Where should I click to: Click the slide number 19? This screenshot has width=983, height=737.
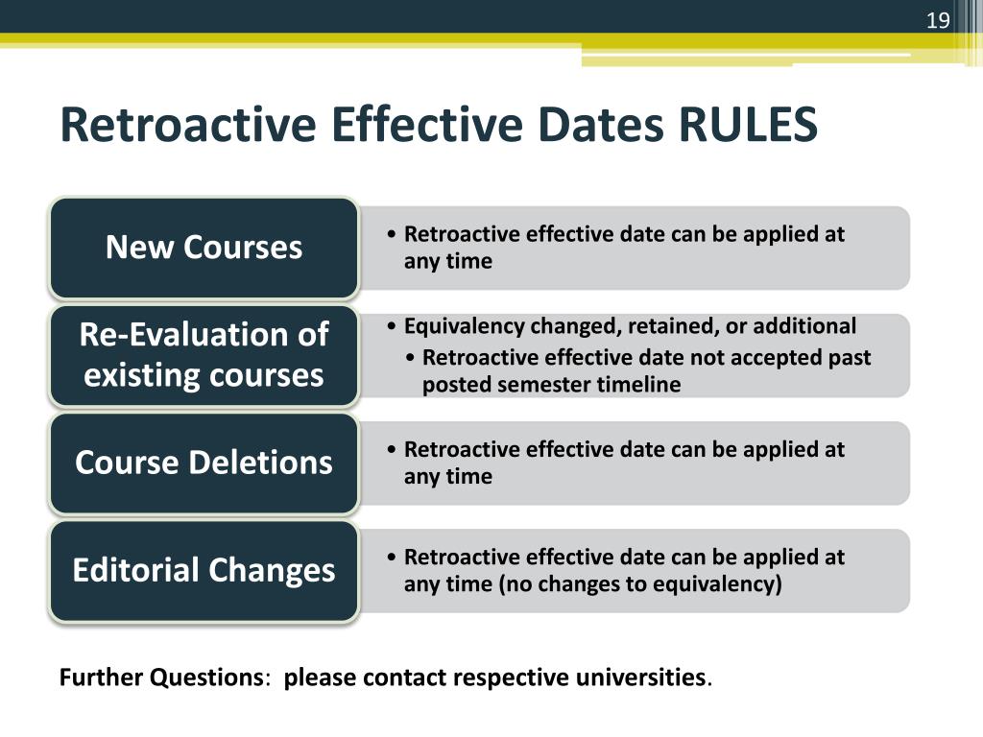(x=937, y=21)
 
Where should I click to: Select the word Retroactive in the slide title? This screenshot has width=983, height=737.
(x=180, y=126)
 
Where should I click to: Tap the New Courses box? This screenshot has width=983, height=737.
(x=204, y=248)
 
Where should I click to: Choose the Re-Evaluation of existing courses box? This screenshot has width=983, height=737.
(x=204, y=355)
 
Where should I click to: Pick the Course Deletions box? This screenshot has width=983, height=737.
(x=204, y=463)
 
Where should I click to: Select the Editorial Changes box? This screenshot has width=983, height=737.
(x=204, y=570)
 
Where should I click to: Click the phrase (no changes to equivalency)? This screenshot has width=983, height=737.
(x=640, y=583)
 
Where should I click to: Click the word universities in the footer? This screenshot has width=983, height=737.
(x=641, y=678)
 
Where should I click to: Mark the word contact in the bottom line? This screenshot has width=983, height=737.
(x=404, y=678)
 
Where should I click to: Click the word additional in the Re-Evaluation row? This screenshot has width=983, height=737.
(x=804, y=327)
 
